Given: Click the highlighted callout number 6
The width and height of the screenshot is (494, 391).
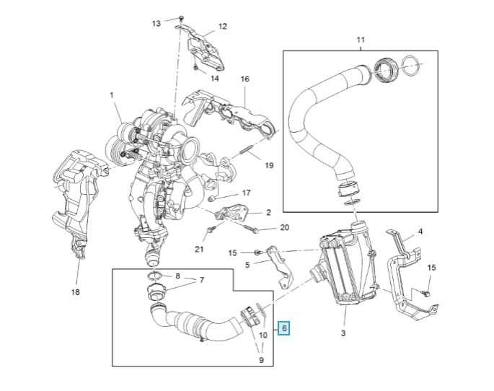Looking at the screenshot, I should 284,328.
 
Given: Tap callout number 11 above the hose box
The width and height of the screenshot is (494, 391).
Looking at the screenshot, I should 361,40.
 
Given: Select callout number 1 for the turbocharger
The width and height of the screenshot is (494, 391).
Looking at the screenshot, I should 112,95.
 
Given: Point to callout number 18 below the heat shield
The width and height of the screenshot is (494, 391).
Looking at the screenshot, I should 76,292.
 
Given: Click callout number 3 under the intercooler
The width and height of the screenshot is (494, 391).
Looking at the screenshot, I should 343,333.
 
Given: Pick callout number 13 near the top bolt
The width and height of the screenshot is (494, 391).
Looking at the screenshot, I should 156,23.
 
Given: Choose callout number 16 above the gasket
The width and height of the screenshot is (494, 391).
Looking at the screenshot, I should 244,79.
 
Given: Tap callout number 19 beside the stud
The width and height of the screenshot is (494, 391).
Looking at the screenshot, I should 269,165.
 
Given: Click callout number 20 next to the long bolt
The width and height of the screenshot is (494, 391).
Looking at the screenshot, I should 284,227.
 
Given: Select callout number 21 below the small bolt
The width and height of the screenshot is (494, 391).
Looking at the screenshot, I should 199,250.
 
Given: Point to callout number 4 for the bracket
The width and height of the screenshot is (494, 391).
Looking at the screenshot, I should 420,231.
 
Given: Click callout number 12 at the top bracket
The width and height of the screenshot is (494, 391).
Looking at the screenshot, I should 222,27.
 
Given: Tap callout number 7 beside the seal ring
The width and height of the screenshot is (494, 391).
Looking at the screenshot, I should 202,280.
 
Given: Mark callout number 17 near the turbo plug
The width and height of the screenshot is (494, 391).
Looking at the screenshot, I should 246,193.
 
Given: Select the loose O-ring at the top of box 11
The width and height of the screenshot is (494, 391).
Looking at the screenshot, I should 411,67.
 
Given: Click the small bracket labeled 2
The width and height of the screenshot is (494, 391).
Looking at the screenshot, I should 234,215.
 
